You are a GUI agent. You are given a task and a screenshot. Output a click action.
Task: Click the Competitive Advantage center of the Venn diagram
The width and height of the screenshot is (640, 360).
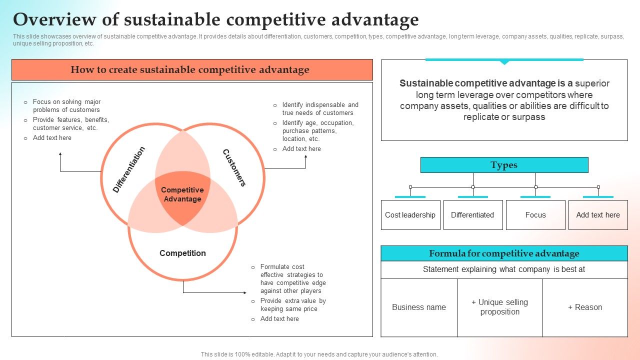coord(182,194)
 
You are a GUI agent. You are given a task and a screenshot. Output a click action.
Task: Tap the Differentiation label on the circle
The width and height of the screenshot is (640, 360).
coord(129,170)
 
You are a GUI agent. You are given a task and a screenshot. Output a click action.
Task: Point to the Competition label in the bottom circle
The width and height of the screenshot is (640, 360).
coord(182,253)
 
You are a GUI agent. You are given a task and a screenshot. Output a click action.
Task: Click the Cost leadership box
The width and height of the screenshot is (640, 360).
coord(410,215)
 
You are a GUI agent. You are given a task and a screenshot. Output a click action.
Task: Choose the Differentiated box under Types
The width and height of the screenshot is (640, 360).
coord(472,215)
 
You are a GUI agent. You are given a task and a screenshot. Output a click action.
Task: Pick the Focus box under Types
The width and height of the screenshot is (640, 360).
coord(535,215)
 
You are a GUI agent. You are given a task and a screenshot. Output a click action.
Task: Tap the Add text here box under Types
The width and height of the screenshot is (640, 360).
coord(598,215)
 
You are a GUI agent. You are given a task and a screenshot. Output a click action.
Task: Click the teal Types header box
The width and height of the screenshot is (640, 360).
coord(504,165)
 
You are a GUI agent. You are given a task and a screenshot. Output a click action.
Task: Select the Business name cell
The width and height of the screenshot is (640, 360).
coord(419,307)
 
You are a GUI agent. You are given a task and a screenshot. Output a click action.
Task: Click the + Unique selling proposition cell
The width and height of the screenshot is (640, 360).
coord(500,307)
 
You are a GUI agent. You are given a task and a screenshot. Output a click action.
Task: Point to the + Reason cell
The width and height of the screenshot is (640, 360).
coord(585,307)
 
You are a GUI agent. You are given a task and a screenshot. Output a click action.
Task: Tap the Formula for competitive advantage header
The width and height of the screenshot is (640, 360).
coord(504,253)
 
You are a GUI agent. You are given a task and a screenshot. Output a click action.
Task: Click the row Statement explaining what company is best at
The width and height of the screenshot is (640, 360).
coord(504,269)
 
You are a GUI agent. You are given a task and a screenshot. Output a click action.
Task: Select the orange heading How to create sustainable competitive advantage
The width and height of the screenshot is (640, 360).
coord(192,70)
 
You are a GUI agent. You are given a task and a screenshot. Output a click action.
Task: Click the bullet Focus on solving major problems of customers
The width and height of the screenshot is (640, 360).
coord(66,106)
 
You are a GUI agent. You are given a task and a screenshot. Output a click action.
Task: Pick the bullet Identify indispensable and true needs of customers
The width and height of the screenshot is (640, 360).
coord(320,109)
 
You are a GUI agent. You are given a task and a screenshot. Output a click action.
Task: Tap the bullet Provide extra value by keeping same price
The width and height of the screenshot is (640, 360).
coord(293,305)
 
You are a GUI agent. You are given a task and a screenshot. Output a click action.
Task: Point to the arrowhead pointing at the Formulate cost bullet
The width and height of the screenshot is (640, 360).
coord(244,292)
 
